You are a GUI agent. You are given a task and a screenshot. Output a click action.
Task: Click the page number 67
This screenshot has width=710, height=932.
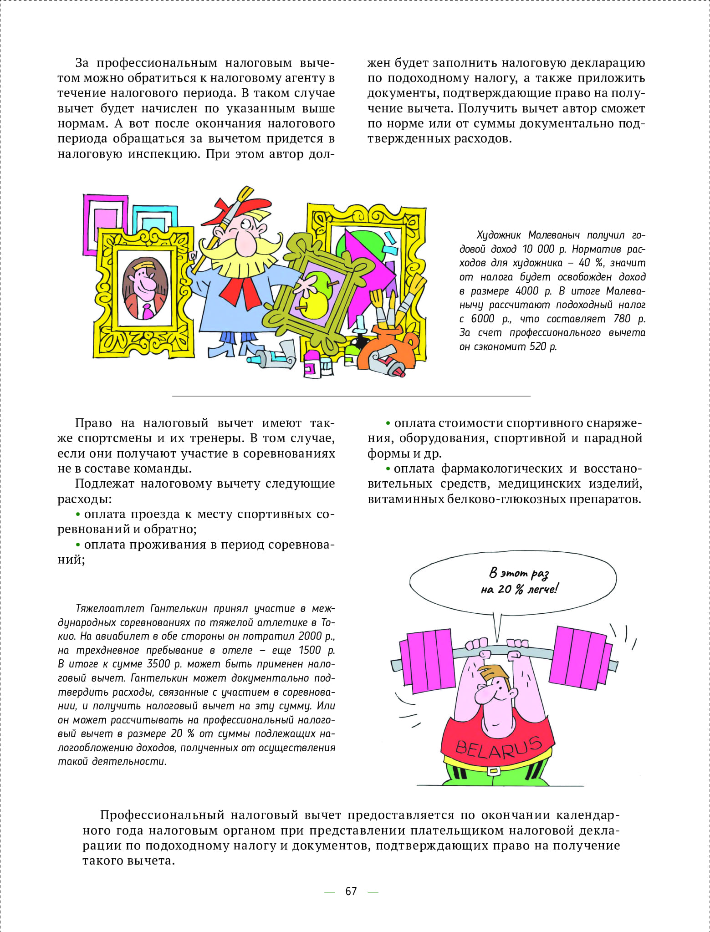pos(351,891)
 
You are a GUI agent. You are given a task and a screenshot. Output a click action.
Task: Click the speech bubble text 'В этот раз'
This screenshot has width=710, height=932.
pos(519,574)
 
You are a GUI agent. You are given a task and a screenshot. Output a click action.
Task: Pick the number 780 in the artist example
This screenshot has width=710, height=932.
pos(622,319)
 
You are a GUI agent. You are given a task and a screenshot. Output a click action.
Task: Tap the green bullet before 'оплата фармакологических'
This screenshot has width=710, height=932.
pos(388,469)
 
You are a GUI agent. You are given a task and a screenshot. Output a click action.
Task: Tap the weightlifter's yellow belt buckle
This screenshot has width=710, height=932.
pos(493,771)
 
